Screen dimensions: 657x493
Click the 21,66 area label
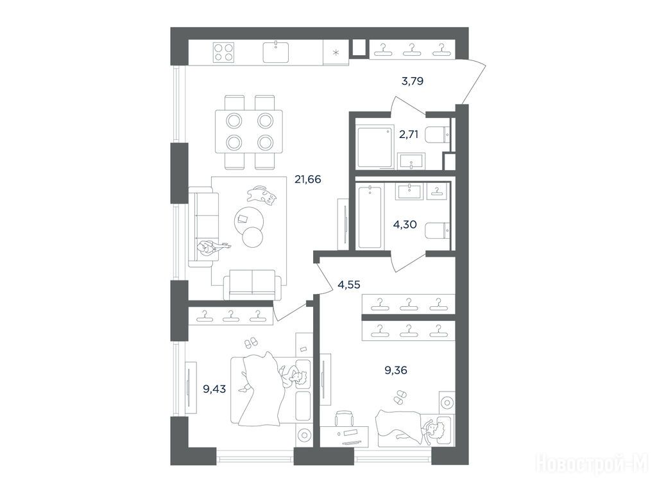(308, 180)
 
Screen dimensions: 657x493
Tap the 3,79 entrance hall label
(413, 81)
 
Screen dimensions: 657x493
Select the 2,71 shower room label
(409, 135)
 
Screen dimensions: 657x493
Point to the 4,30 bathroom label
(405, 225)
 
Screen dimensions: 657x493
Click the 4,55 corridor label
(349, 284)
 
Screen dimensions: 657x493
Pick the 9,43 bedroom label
(214, 389)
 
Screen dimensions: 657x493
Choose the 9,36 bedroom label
(395, 370)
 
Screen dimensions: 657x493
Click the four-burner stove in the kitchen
(223, 53)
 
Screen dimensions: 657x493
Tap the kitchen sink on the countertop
(276, 52)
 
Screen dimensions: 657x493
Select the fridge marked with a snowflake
(336, 53)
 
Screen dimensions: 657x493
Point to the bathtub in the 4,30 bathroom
(370, 218)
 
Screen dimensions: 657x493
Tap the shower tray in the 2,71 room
(375, 147)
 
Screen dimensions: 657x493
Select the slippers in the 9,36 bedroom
(399, 397)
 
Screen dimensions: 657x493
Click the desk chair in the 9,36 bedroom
(344, 420)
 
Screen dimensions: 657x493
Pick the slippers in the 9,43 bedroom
(252, 343)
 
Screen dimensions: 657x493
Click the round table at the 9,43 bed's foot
(303, 436)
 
